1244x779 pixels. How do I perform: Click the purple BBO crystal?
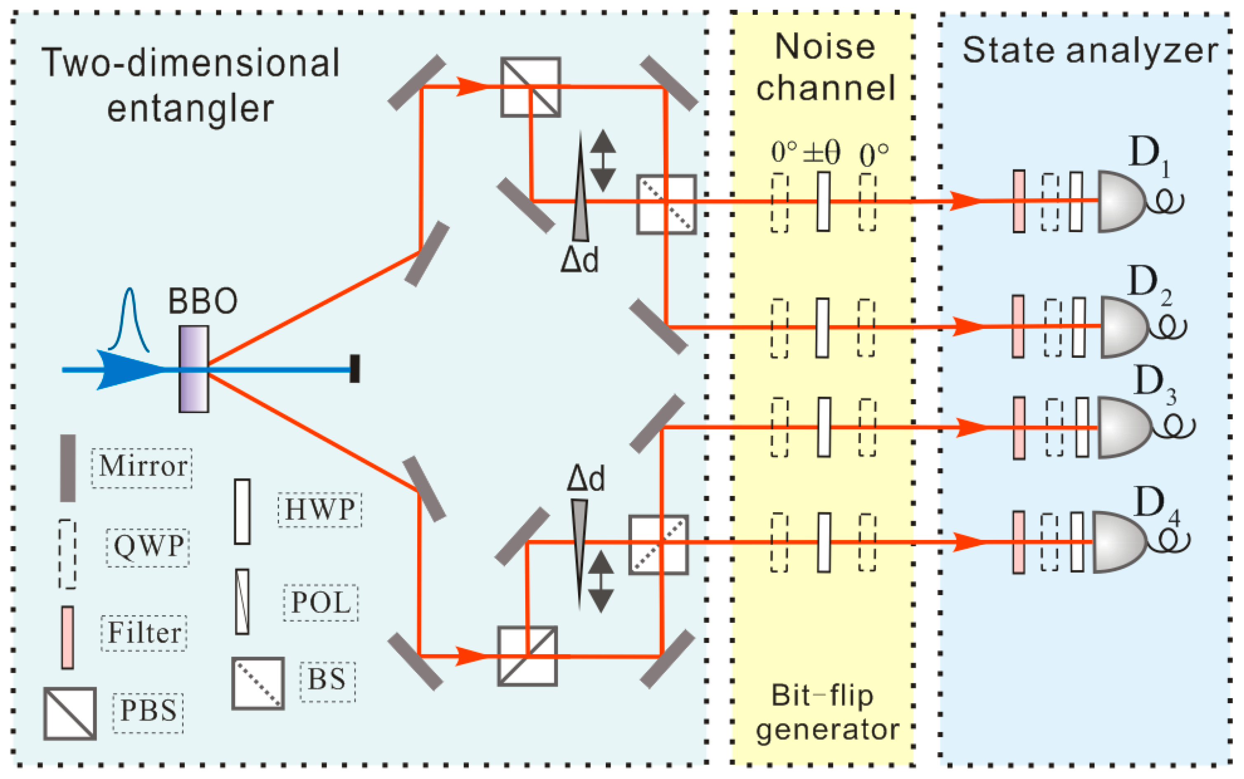point(194,369)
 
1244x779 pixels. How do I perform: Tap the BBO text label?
point(202,301)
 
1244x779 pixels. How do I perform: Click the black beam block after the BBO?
point(355,368)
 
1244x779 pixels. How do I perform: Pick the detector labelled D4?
point(1118,542)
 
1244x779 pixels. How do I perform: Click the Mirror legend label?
point(142,466)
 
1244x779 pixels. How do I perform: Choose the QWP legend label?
point(148,546)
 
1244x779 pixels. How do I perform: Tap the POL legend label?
point(320,602)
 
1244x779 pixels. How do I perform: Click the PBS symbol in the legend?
point(70,713)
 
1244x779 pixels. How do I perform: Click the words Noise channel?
point(825,67)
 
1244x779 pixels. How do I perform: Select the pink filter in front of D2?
point(1018,326)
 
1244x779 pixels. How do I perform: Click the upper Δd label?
point(580,260)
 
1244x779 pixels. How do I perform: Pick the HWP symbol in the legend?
point(242,512)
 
